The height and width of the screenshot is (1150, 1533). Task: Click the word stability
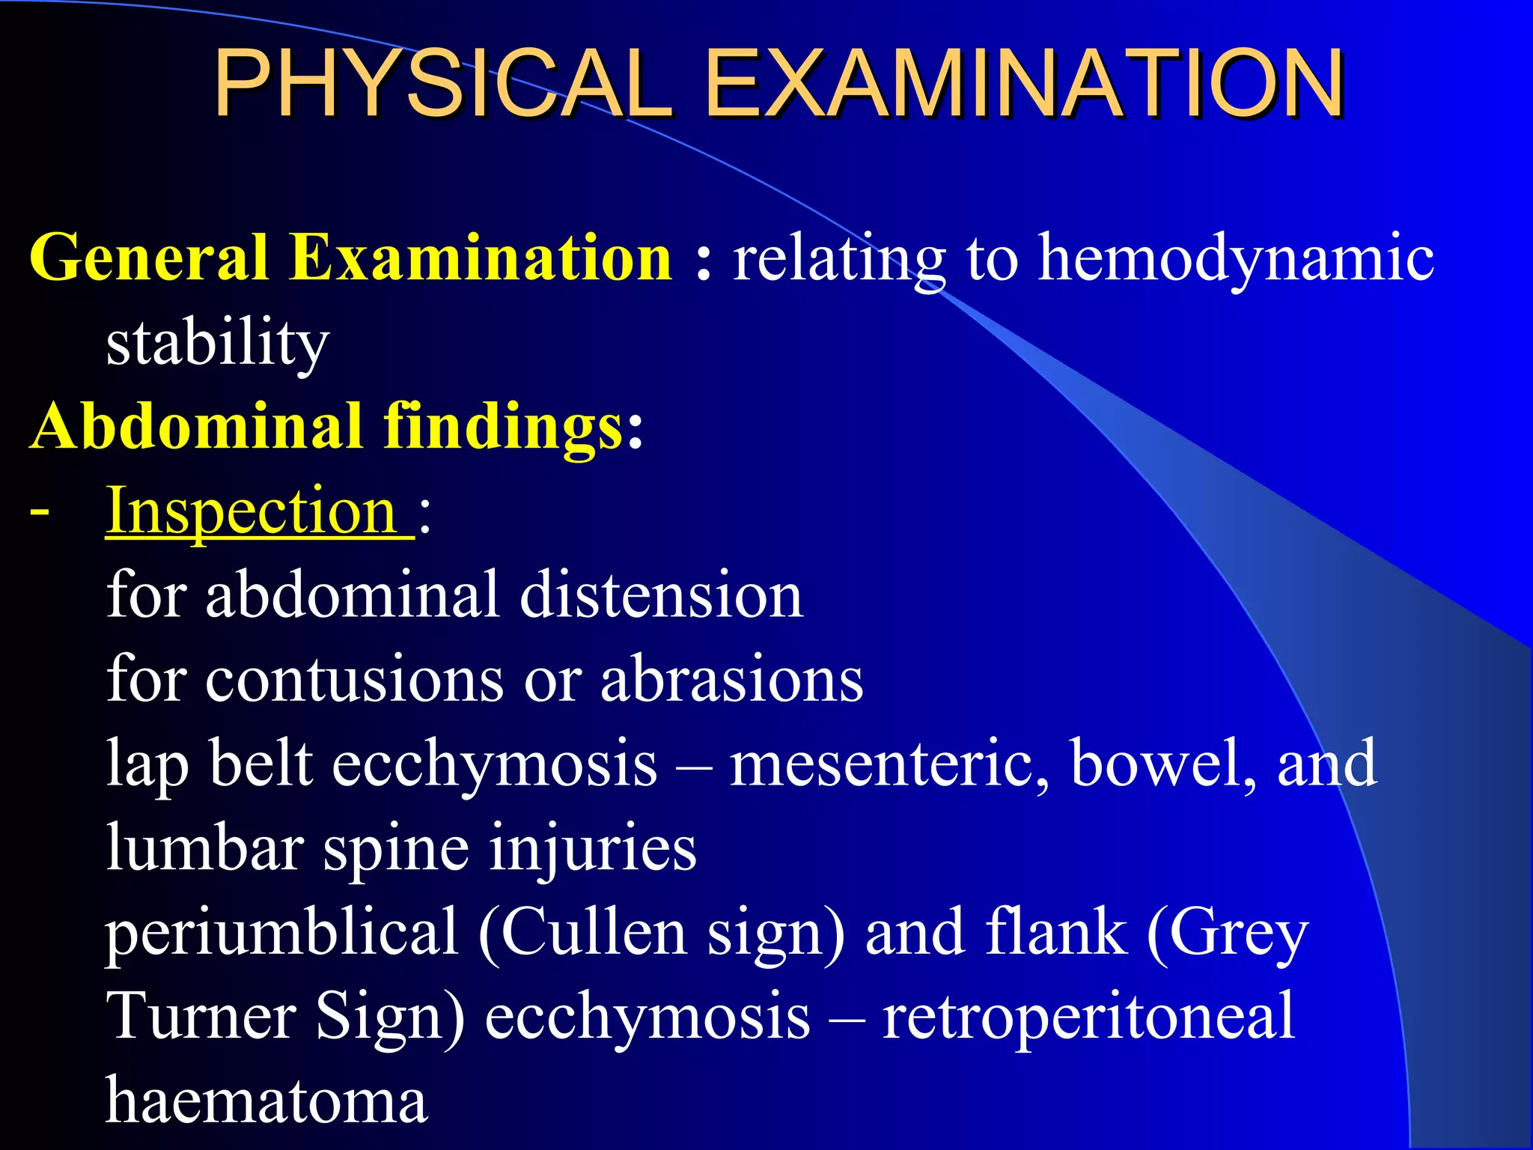pyautogui.click(x=218, y=344)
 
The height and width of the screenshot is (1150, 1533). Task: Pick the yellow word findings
pyautogui.click(x=502, y=427)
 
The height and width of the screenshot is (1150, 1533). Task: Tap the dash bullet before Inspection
pyautogui.click(x=39, y=512)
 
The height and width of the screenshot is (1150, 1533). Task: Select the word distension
pyautogui.click(x=662, y=595)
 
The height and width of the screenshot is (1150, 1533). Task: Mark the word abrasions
pyautogui.click(x=732, y=680)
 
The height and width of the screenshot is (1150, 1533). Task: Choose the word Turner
pyautogui.click(x=201, y=1017)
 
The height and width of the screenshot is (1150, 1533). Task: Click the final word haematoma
pyautogui.click(x=266, y=1101)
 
